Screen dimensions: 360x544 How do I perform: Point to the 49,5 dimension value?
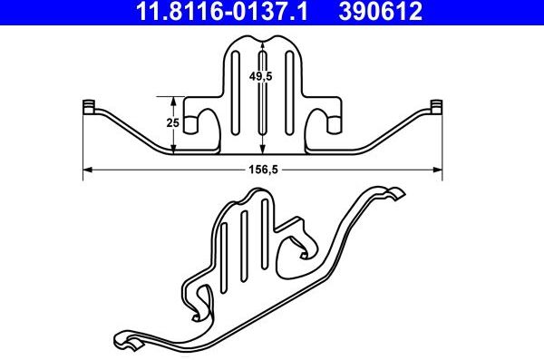coord(264,77)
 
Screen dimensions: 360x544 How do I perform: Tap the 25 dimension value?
coord(172,122)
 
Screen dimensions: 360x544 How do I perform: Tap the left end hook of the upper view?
coord(89,107)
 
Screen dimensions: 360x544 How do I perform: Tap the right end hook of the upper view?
coord(436,107)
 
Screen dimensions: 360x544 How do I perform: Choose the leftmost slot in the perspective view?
coord(224,235)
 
